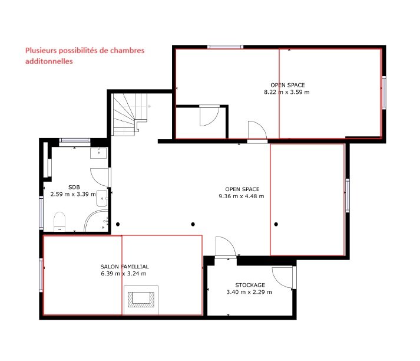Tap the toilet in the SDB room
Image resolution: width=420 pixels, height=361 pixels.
pyautogui.click(x=59, y=222)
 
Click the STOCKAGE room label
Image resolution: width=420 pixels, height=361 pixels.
pyautogui.click(x=250, y=285)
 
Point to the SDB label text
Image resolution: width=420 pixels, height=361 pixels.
pyautogui.click(x=74, y=186)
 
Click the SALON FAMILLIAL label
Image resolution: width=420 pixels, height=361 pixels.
pyautogui.click(x=124, y=267)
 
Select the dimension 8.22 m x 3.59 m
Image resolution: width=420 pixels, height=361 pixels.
pyautogui.click(x=287, y=92)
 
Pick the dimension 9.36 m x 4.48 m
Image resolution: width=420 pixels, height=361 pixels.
pyautogui.click(x=241, y=196)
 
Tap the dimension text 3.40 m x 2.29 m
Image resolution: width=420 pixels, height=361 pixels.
pyautogui.click(x=250, y=292)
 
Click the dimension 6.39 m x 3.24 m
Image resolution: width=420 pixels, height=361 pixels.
pyautogui.click(x=124, y=274)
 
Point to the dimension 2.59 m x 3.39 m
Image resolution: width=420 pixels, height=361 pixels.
pyautogui.click(x=73, y=193)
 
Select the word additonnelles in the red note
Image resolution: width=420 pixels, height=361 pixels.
pyautogui.click(x=49, y=61)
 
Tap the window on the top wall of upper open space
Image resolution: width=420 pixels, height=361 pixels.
pyautogui.click(x=226, y=47)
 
